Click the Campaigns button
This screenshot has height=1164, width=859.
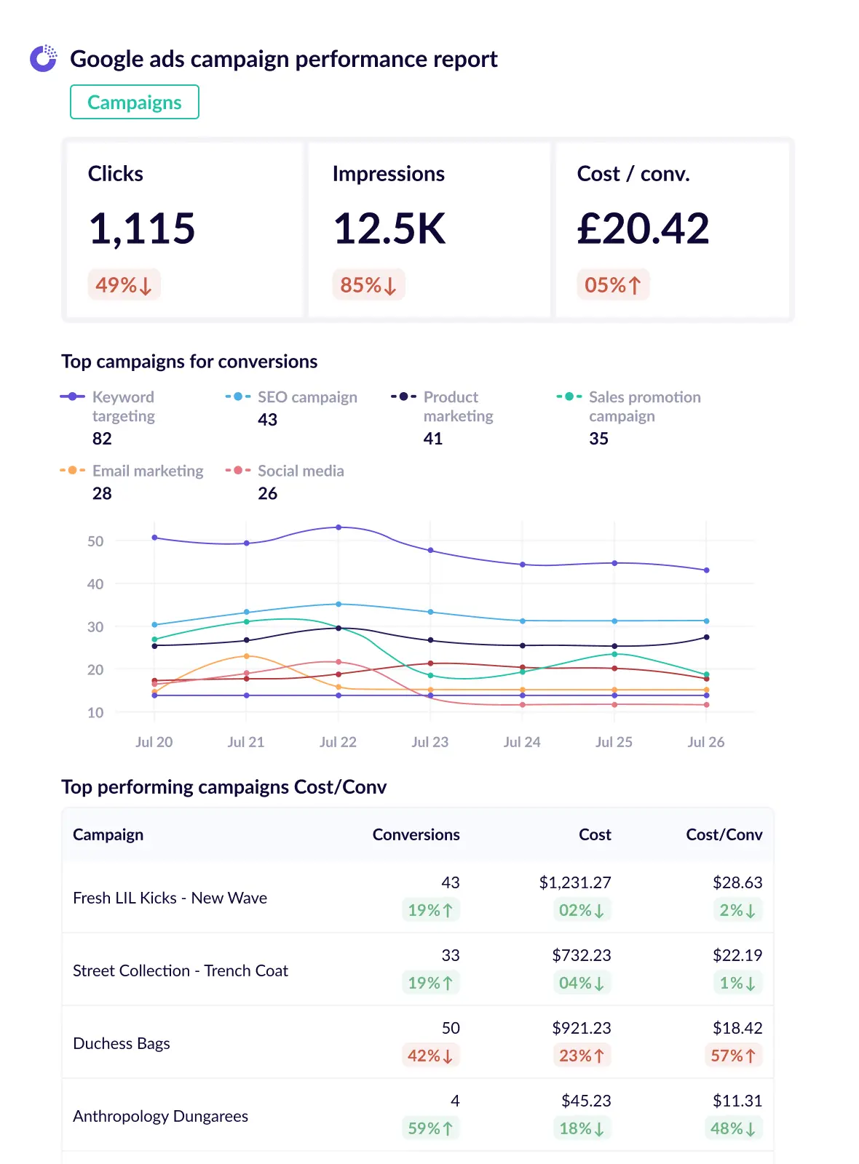pos(135,102)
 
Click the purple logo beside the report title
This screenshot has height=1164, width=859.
pos(43,58)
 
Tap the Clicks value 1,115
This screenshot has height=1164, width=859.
pos(142,228)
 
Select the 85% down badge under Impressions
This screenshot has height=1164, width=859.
pos(368,285)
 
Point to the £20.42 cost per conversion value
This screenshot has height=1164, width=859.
pos(643,228)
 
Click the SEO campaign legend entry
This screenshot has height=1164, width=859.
pos(306,397)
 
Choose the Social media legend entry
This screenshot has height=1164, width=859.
pos(300,471)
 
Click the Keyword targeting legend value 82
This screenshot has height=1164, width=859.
pos(102,439)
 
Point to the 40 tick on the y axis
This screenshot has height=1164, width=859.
pos(95,584)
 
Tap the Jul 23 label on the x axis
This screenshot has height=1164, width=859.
pos(430,742)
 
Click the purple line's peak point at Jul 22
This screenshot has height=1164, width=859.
pos(339,527)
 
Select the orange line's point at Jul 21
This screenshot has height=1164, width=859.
pos(247,656)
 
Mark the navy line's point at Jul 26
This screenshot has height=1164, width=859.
pos(706,637)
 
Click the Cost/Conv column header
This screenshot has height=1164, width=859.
pos(724,834)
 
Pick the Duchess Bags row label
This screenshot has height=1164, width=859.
pos(122,1043)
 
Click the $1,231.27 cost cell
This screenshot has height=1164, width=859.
pos(574,882)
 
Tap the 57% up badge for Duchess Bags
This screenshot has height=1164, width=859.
pos(733,1056)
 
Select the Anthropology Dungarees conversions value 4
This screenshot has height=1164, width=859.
pos(455,1101)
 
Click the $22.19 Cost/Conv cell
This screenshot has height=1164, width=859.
pos(737,955)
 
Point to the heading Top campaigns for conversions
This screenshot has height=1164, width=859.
pos(189,362)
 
